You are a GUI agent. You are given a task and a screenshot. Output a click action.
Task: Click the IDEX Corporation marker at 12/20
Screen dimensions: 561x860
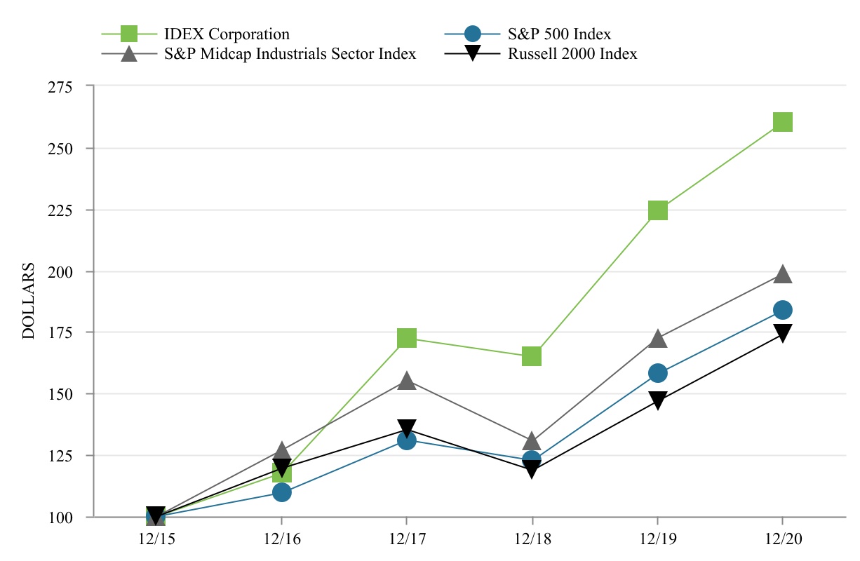(x=783, y=122)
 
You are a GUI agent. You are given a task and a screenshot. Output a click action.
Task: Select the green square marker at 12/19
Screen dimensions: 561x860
(x=657, y=210)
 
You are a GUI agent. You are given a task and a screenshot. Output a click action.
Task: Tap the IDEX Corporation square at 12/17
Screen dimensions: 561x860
(x=407, y=338)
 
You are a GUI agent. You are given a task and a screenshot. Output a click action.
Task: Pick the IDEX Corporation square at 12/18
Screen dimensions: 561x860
(x=532, y=356)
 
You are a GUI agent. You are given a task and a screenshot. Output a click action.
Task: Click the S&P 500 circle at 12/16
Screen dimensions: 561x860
(x=281, y=492)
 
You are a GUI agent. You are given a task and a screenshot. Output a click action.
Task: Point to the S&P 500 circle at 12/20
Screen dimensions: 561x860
(x=783, y=309)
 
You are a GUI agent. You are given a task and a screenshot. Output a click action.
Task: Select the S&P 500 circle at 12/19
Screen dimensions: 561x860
(x=657, y=372)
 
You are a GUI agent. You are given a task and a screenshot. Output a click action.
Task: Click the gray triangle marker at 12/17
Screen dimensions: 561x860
(x=407, y=381)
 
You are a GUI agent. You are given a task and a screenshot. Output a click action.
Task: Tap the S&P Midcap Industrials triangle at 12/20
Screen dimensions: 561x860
(x=783, y=274)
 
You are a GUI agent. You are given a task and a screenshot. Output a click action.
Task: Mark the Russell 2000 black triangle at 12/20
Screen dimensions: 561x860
(x=783, y=333)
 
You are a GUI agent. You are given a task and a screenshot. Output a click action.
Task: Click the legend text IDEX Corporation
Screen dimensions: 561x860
(x=227, y=34)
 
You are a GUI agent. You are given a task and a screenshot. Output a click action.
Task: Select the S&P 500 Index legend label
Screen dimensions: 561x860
(x=559, y=34)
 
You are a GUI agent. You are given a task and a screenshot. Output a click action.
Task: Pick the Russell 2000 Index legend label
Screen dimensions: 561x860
(x=572, y=54)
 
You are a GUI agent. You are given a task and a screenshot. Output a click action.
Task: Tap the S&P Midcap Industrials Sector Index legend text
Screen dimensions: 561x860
(x=290, y=54)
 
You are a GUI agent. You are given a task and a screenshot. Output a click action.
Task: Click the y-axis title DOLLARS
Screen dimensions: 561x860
(x=29, y=302)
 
